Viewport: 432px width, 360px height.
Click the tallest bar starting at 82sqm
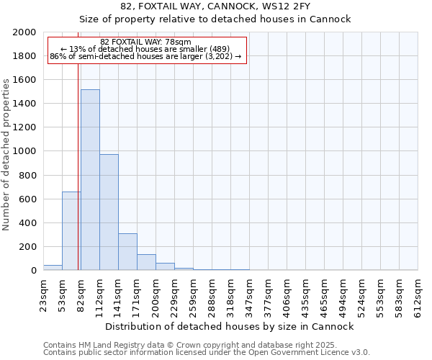[90, 180]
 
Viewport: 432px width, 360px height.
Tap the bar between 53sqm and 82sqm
[71, 230]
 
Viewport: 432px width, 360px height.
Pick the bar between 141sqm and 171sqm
[127, 252]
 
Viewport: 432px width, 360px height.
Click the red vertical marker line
[78, 166]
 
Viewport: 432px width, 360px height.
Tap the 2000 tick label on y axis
[24, 32]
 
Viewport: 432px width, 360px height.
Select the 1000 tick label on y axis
[24, 151]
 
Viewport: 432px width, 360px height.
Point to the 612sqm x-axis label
[418, 294]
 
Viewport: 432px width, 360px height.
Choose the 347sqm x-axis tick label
[250, 294]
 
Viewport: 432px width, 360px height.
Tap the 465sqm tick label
[325, 294]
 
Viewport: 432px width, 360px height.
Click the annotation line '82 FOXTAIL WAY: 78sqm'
[145, 42]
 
